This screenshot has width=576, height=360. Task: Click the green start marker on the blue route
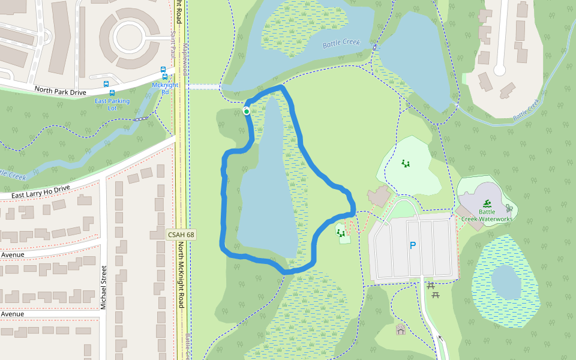tap(247, 111)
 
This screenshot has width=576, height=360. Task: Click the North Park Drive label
tap(61, 91)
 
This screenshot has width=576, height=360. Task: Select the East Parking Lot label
tap(112, 104)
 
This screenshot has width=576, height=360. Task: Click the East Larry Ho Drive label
tap(35, 192)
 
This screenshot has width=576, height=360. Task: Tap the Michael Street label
tap(103, 287)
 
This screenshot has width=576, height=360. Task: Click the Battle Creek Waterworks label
tap(487, 215)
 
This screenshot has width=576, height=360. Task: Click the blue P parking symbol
tap(412, 245)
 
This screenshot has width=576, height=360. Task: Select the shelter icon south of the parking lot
tap(400, 329)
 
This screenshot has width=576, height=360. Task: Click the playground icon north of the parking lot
tap(406, 163)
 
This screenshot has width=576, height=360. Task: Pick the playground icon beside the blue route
tap(341, 232)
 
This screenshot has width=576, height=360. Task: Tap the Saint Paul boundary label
tap(173, 44)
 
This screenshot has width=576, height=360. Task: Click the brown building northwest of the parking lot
tap(379, 196)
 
